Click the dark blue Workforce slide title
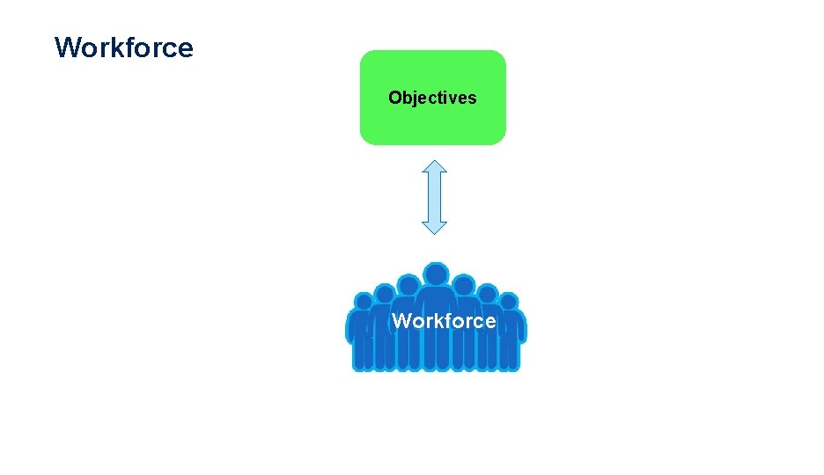click(123, 47)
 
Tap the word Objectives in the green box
click(432, 98)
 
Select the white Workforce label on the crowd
click(444, 321)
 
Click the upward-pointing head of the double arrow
click(434, 167)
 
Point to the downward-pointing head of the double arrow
click(434, 227)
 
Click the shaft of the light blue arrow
click(434, 197)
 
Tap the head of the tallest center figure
click(435, 274)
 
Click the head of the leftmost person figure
click(363, 303)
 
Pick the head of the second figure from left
click(384, 293)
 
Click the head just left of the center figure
click(408, 284)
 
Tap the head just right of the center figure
click(463, 284)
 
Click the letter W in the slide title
click(67, 47)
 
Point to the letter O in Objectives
click(395, 98)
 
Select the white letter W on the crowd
click(401, 321)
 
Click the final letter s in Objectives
click(473, 99)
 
